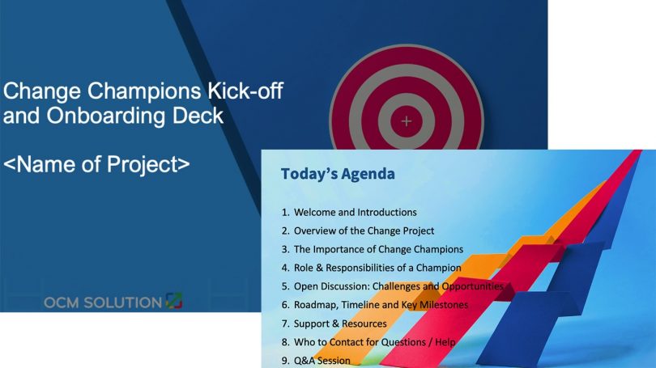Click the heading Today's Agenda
coord(338,174)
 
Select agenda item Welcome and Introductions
coord(355,212)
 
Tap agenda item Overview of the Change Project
coord(364,231)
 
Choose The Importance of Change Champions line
coord(378,249)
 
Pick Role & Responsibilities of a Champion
coord(377,268)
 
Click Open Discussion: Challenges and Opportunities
coord(398,286)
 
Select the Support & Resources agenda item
coord(340,324)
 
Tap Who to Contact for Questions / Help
coord(374,342)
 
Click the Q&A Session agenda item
coord(322,361)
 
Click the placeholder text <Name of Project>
coord(96,163)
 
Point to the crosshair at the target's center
coord(407,121)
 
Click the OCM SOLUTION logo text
coord(103,302)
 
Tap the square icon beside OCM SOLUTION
coord(174,302)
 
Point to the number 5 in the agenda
coord(284,286)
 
